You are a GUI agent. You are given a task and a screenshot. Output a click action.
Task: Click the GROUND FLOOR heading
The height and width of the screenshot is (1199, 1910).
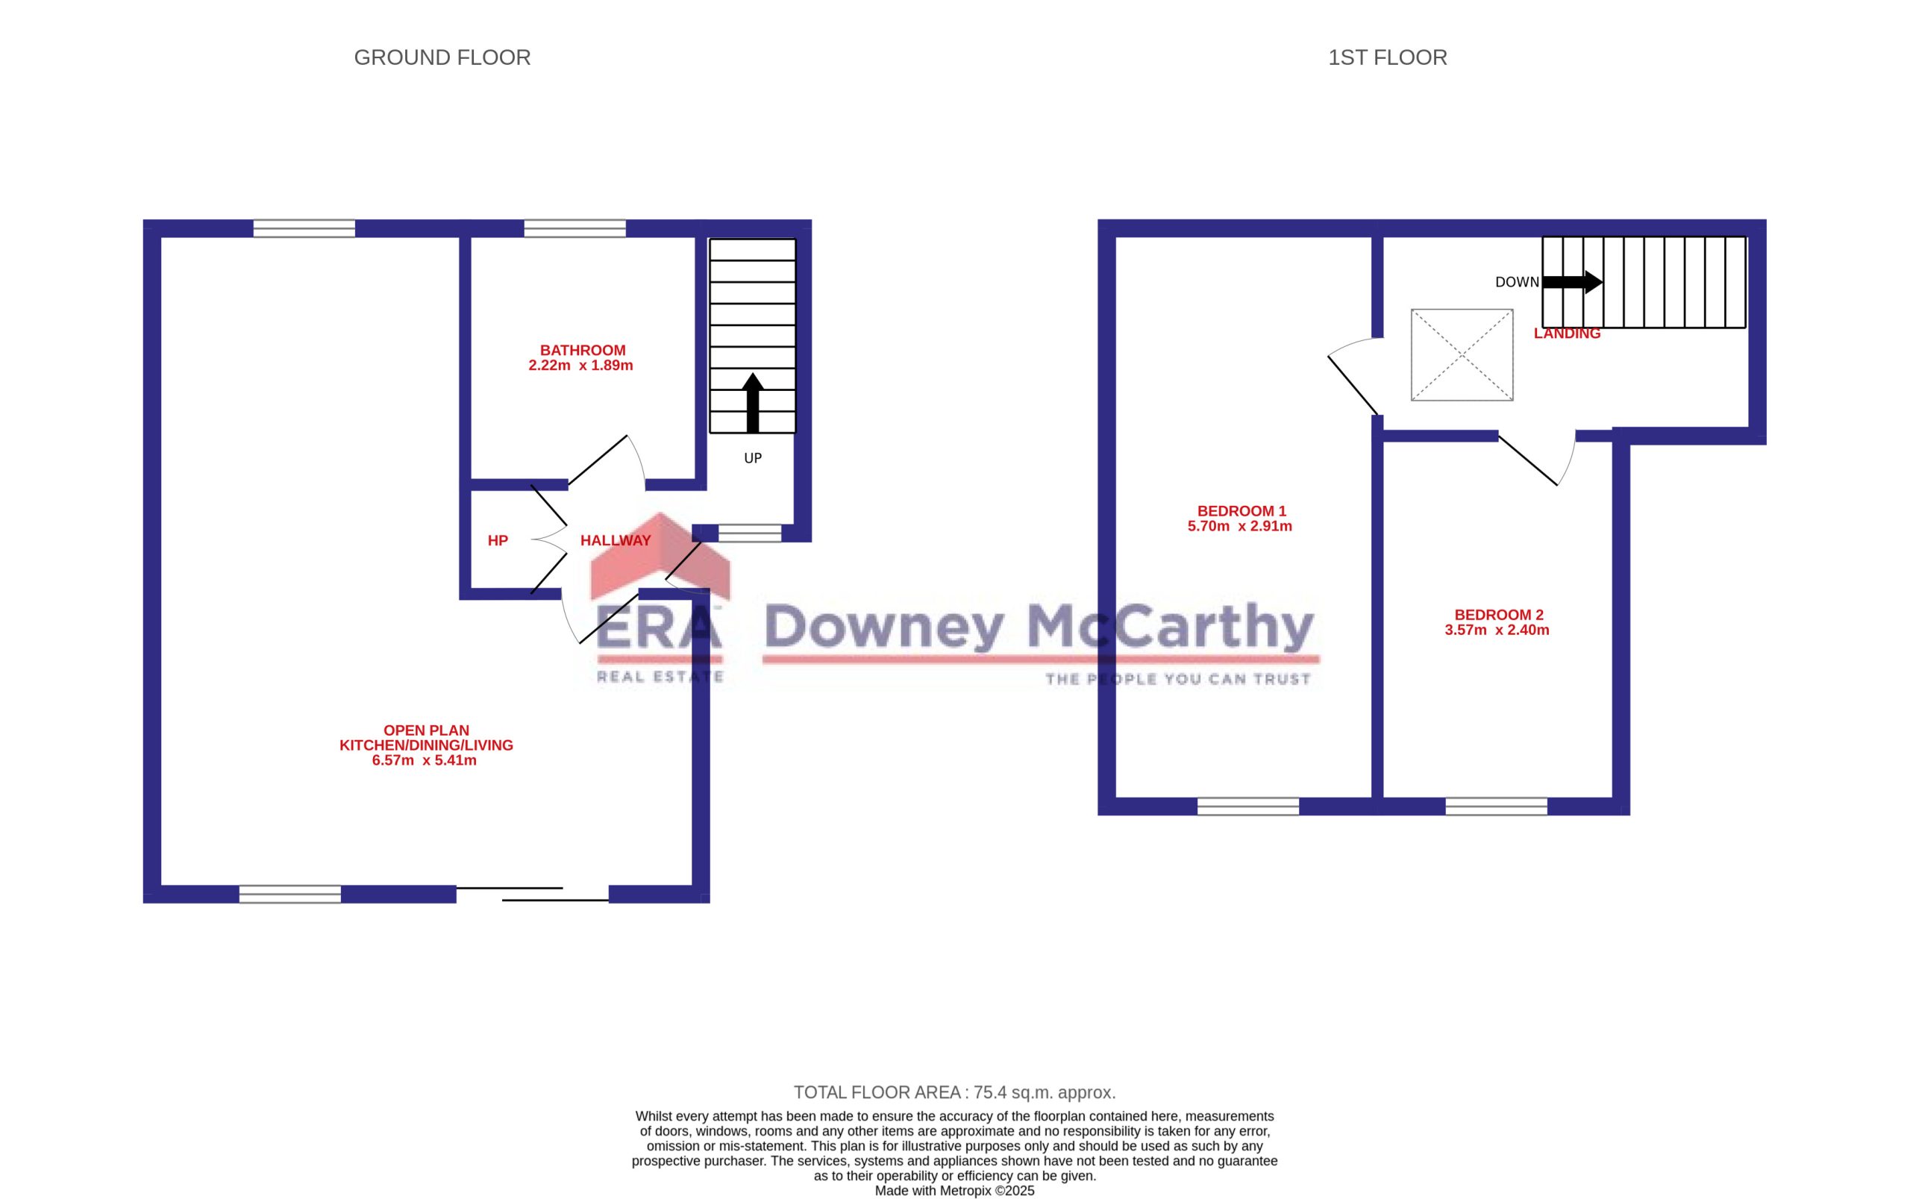tap(442, 58)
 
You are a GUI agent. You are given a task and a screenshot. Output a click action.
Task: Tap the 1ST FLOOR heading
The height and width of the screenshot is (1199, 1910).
tap(1387, 58)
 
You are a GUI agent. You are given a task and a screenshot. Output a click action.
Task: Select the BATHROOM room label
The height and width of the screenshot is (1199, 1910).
tap(583, 351)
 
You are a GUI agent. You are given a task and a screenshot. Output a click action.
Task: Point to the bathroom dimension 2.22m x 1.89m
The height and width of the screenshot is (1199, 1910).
tap(580, 366)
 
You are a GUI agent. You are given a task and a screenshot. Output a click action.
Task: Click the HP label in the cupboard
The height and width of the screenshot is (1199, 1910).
tap(497, 541)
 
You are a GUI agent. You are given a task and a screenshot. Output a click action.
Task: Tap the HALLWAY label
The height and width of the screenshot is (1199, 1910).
tap(616, 541)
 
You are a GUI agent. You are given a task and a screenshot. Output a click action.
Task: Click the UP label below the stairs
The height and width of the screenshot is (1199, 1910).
tap(752, 458)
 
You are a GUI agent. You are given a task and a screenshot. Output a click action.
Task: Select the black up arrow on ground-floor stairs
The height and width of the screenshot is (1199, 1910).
tap(752, 403)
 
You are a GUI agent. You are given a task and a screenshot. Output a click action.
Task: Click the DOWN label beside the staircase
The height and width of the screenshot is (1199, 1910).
tap(1517, 282)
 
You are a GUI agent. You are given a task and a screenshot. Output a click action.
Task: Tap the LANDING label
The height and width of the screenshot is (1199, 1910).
tap(1567, 334)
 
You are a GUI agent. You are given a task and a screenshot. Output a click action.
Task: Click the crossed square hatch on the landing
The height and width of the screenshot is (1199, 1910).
tap(1462, 354)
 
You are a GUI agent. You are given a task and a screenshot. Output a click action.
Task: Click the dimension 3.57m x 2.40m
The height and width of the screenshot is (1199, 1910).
tap(1497, 630)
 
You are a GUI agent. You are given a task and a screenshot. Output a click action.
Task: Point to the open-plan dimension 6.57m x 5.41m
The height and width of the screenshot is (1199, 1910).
tap(425, 760)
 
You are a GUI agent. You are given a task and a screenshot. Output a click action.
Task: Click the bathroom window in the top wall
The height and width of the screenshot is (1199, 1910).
tap(574, 228)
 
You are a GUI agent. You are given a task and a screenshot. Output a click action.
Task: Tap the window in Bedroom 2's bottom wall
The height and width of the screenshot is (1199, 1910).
tap(1496, 807)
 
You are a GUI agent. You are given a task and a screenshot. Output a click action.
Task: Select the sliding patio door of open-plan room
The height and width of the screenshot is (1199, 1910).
tap(533, 894)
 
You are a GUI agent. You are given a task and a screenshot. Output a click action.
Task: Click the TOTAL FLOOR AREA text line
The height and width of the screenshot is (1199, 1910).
tap(954, 1093)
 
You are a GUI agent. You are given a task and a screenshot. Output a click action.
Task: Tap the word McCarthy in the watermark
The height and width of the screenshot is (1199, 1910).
tap(1171, 627)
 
